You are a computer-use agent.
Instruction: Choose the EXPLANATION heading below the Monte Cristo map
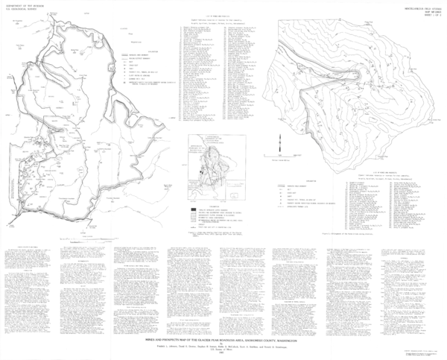tap(309, 180)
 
